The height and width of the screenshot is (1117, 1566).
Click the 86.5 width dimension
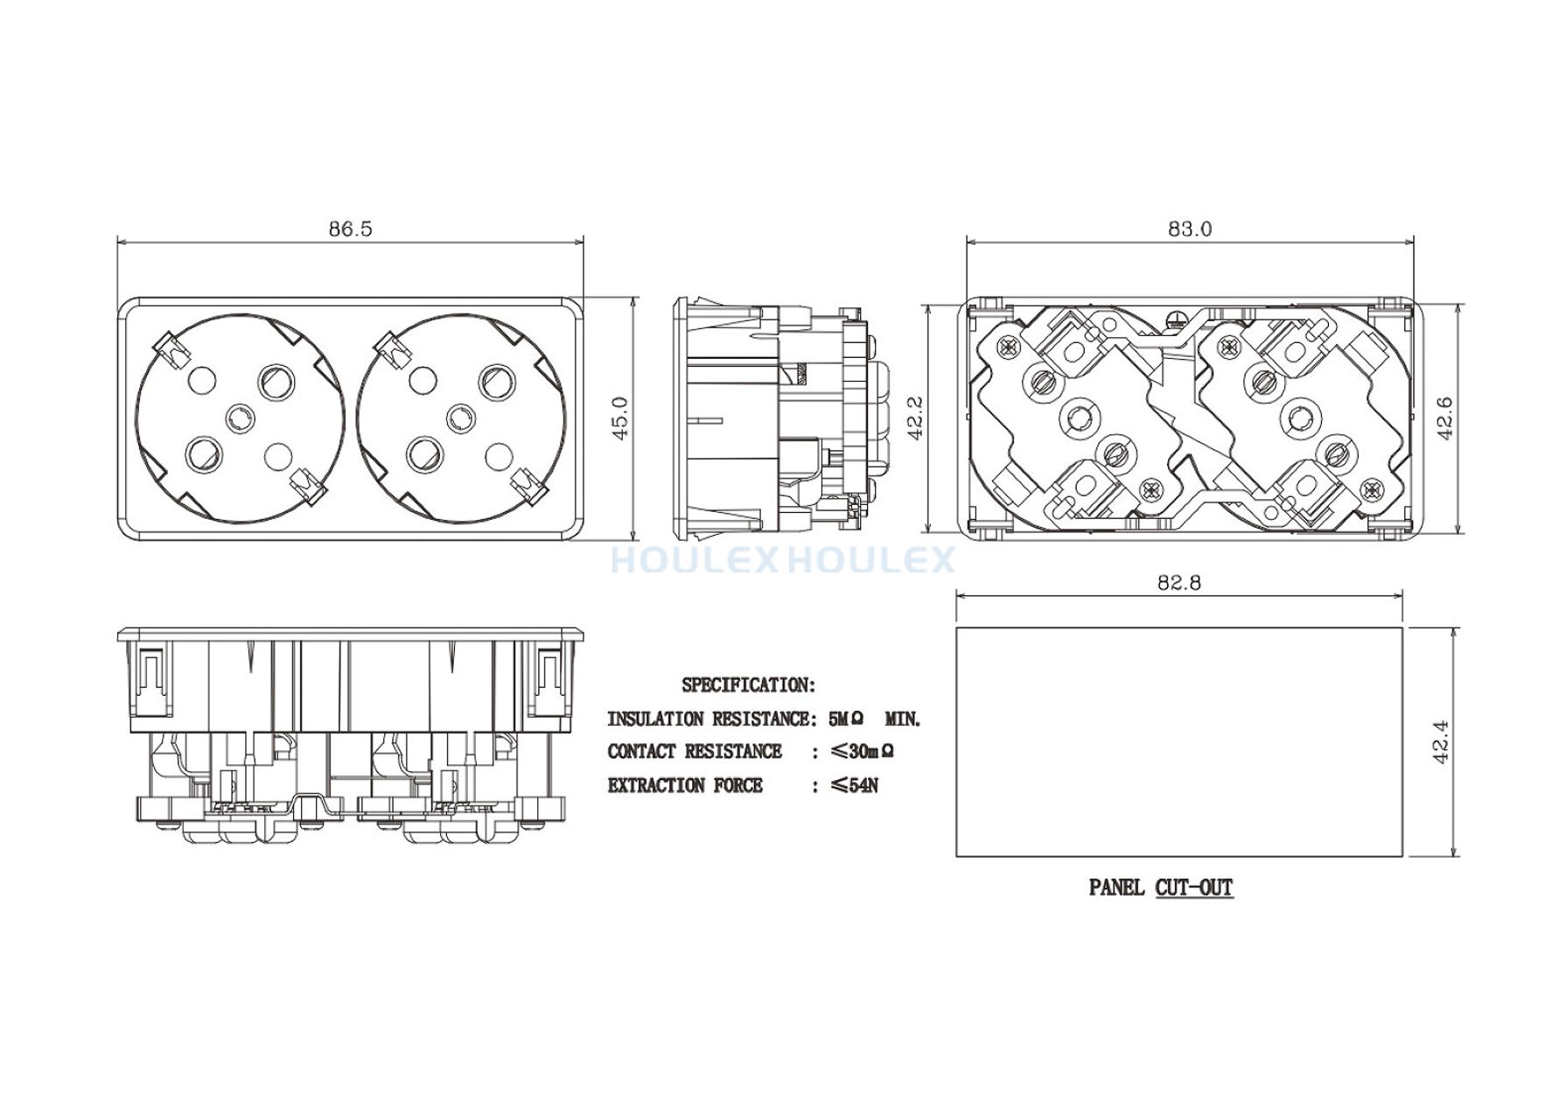point(351,228)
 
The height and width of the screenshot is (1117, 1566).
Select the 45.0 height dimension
point(619,418)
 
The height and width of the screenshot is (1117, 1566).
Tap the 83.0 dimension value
point(1190,228)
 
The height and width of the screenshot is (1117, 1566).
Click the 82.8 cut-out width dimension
point(1179,582)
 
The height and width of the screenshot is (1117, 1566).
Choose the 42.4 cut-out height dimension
point(1442,741)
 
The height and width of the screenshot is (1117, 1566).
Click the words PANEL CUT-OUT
point(1161,887)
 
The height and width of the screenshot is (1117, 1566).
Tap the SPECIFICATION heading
point(749,685)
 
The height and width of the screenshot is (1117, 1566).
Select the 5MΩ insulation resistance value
point(846,719)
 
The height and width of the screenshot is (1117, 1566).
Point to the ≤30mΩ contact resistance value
point(862,751)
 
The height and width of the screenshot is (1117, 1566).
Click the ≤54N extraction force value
point(854,785)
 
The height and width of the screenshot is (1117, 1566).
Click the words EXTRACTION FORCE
point(685,785)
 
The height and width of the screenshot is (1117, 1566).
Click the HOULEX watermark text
point(783,559)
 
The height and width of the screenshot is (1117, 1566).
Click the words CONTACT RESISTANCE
point(695,751)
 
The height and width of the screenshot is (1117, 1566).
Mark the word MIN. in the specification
point(903,719)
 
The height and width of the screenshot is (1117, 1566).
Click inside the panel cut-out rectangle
point(1179,741)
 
